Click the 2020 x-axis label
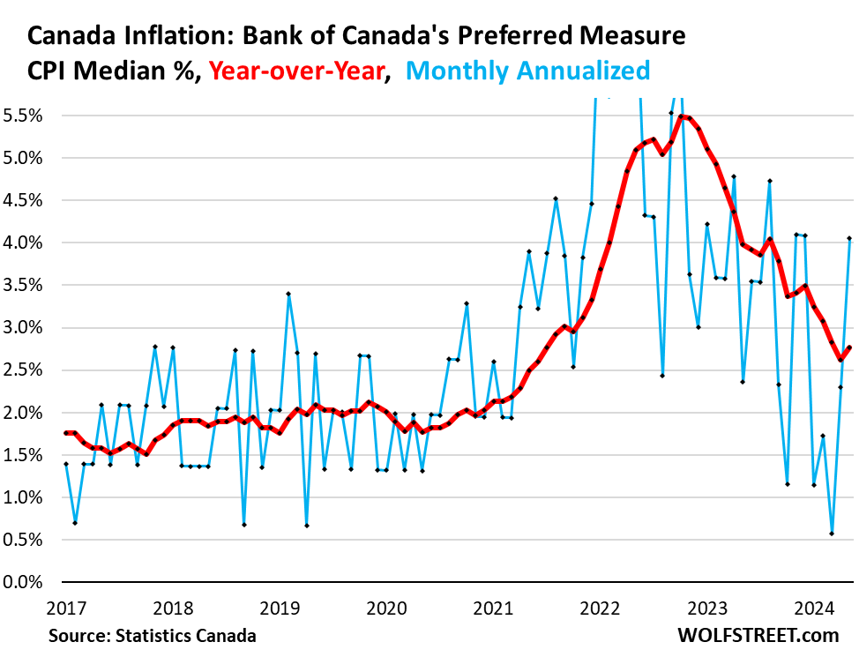[385, 607]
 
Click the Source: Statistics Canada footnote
[152, 635]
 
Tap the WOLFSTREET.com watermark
[758, 635]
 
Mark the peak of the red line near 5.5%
[681, 116]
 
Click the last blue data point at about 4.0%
[848, 238]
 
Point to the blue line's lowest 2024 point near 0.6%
[832, 534]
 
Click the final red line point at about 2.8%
[848, 347]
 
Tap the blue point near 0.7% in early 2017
[75, 523]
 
